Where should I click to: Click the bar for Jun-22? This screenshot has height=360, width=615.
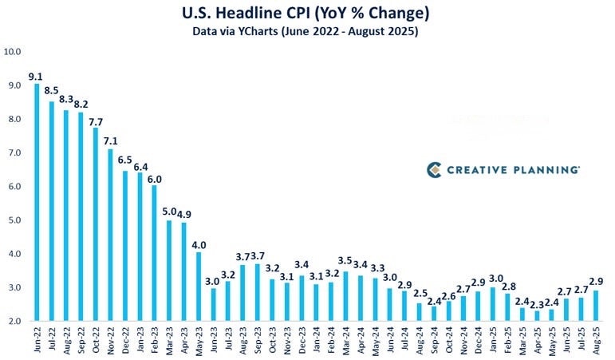[x=37, y=202]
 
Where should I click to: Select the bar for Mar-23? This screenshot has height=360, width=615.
[x=169, y=271]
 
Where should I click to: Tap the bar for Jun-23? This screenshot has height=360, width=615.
[x=214, y=304]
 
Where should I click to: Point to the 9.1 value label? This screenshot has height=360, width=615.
[x=34, y=77]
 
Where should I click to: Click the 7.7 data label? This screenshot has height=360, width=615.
[x=95, y=121]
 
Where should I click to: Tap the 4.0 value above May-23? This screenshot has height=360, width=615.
[x=198, y=245]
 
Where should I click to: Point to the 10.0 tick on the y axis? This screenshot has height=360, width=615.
[x=12, y=51]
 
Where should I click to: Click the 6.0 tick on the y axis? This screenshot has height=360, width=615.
[x=12, y=187]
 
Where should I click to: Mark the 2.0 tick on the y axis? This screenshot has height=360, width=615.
[x=12, y=322]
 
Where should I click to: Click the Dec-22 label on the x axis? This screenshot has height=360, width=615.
[x=125, y=338]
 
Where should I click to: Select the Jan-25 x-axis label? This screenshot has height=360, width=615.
[x=492, y=338]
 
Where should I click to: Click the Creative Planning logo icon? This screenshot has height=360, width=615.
[x=434, y=169]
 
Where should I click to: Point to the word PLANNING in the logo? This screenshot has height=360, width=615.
[x=542, y=169]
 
